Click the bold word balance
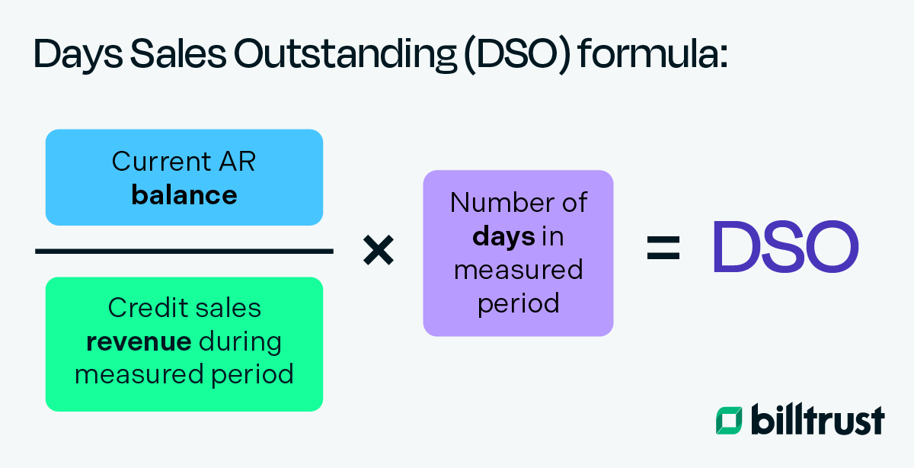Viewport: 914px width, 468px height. click(184, 195)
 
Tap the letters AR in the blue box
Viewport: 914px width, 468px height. click(237, 162)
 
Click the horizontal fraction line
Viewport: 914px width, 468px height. click(184, 251)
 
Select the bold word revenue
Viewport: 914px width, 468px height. click(139, 341)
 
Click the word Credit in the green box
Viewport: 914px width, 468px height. click(144, 308)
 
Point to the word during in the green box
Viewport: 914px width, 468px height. click(240, 341)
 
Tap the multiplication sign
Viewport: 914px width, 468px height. click(378, 250)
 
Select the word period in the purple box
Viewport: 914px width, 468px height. click(518, 303)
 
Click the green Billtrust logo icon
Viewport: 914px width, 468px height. click(729, 421)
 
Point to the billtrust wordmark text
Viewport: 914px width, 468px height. click(818, 419)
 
